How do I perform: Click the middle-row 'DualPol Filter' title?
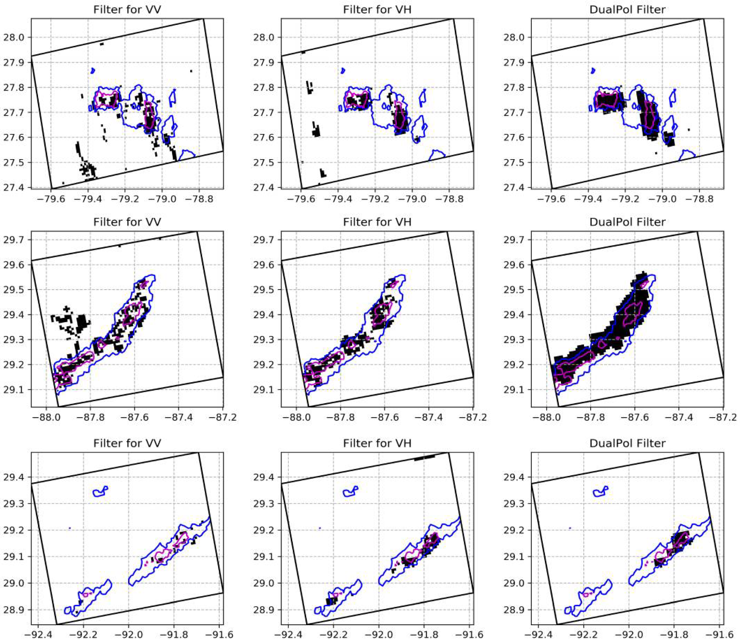[627, 222]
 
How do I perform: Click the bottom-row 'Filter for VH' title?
[377, 443]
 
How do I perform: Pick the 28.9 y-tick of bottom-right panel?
[516, 610]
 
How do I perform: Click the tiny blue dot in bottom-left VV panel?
[70, 528]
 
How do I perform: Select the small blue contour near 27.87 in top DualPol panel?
[593, 71]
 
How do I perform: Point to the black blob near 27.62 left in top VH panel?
[316, 132]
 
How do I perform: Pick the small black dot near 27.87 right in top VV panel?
[191, 71]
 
